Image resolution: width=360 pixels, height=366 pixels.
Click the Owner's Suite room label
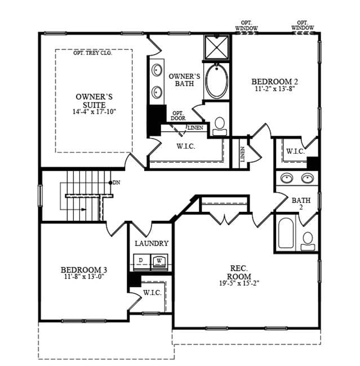click(94, 101)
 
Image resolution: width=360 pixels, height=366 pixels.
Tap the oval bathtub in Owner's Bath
click(217, 81)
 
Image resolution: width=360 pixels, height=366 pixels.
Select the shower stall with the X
click(216, 47)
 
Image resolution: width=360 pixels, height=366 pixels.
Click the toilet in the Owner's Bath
click(220, 126)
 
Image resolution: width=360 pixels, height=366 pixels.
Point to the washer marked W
click(159, 262)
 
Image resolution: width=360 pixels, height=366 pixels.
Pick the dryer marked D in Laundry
click(142, 262)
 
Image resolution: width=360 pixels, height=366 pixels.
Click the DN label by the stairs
click(117, 182)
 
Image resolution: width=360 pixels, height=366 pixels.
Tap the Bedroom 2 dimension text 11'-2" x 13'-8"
click(274, 89)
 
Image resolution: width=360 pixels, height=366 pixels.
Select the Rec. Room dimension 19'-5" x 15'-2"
click(239, 283)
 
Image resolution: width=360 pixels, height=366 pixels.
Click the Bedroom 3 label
click(84, 270)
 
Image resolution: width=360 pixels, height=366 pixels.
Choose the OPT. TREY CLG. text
click(93, 53)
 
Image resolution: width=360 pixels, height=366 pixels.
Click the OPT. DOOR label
click(178, 116)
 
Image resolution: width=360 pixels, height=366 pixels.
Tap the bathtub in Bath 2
click(286, 233)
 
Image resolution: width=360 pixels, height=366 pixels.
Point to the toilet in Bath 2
click(308, 242)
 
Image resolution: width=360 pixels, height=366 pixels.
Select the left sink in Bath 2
click(287, 178)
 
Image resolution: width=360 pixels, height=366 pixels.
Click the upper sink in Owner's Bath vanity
click(157, 70)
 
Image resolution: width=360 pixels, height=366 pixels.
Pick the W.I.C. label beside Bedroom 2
click(296, 151)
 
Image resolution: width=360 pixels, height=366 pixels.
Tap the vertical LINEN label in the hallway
click(242, 154)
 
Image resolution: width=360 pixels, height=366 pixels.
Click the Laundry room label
click(152, 243)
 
